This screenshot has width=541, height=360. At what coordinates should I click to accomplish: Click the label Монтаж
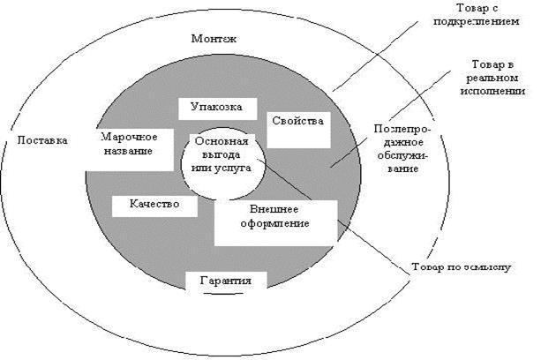(216, 39)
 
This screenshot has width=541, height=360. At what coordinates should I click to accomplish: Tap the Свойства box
(297, 121)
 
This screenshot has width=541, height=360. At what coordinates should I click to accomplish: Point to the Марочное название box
(129, 144)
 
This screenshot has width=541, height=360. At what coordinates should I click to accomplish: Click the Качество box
(154, 204)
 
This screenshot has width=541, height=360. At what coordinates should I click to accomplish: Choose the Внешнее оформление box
(275, 218)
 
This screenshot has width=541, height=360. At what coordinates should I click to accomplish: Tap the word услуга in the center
(236, 166)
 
